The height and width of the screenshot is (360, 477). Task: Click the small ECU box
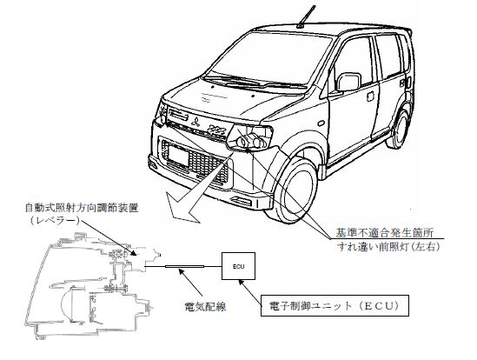[238, 266]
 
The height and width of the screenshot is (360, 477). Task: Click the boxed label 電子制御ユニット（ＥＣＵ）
[335, 305]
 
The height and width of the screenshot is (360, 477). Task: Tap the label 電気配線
[206, 306]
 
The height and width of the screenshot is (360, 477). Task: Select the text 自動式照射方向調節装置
[82, 208]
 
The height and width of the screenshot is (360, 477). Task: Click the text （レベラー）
[55, 220]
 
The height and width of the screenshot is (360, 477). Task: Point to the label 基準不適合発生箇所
[385, 233]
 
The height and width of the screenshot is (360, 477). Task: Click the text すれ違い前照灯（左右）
[389, 246]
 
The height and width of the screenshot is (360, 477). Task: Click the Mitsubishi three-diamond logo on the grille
[195, 122]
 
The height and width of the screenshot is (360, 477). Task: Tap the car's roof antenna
[306, 17]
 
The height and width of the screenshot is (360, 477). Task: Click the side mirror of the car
[348, 82]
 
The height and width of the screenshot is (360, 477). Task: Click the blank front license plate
[178, 155]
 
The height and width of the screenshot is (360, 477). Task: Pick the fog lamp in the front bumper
[242, 202]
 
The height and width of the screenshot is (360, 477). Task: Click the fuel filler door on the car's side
[370, 97]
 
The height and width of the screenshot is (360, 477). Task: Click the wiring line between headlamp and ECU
[183, 267]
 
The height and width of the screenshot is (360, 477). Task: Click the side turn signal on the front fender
[321, 123]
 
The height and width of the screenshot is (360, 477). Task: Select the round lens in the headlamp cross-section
[68, 304]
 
